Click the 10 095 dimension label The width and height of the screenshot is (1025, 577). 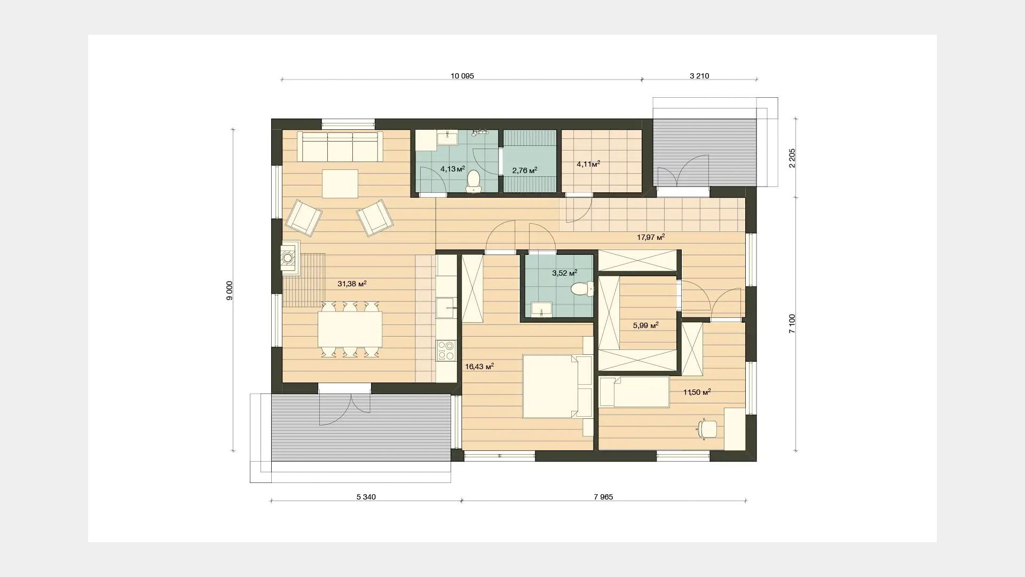462,76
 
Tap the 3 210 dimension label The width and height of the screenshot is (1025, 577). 699,76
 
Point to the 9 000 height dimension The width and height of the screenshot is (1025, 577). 230,291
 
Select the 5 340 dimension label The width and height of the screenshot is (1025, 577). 366,497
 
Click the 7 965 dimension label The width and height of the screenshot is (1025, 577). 603,497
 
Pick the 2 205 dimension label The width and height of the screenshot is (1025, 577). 792,158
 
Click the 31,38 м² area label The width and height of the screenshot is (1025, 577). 352,284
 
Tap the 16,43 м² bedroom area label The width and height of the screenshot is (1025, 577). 479,367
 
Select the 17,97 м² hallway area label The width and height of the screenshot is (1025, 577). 651,237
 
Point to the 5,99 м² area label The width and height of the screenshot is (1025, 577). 645,325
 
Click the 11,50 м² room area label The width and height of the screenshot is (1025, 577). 697,392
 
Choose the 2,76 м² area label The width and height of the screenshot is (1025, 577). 524,170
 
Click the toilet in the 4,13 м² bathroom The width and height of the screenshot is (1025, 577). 474,181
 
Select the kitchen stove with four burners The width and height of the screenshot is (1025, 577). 446,350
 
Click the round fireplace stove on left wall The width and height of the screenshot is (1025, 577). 288,258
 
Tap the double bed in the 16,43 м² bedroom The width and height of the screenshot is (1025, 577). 557,386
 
